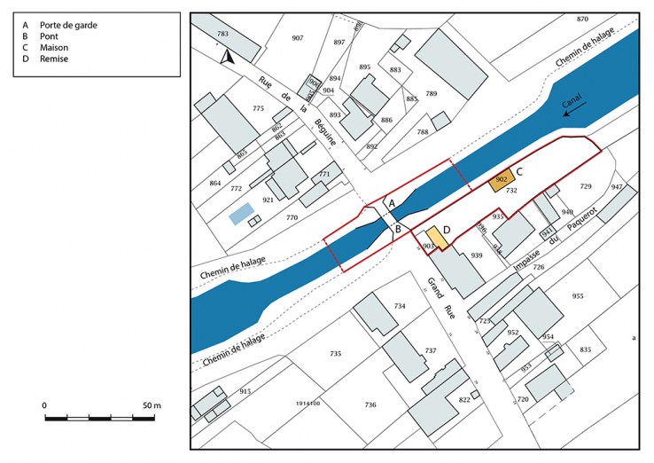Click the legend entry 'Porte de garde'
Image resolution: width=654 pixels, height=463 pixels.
[x=68, y=25]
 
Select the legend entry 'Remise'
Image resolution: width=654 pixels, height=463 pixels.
[x=55, y=59]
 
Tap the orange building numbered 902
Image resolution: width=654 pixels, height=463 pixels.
[x=502, y=180]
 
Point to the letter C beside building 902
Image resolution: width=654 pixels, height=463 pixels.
[x=520, y=171]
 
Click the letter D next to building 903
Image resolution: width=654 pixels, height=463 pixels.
[x=447, y=231]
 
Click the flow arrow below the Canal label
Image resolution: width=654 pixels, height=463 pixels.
[x=575, y=108]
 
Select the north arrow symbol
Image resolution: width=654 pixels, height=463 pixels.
[x=227, y=57]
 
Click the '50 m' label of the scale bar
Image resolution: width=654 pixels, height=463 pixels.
[x=151, y=405]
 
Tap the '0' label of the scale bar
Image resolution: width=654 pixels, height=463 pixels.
[x=44, y=405]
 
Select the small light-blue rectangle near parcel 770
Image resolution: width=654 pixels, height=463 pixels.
[x=238, y=214]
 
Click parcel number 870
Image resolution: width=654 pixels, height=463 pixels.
[x=582, y=20]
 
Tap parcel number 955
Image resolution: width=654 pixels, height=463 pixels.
[x=579, y=296]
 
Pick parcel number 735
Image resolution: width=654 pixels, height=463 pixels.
[x=335, y=354]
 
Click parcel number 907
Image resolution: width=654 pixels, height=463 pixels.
[x=297, y=38]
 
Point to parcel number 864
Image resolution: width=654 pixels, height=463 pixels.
[x=214, y=183]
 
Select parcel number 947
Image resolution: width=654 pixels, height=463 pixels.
[x=617, y=187]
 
